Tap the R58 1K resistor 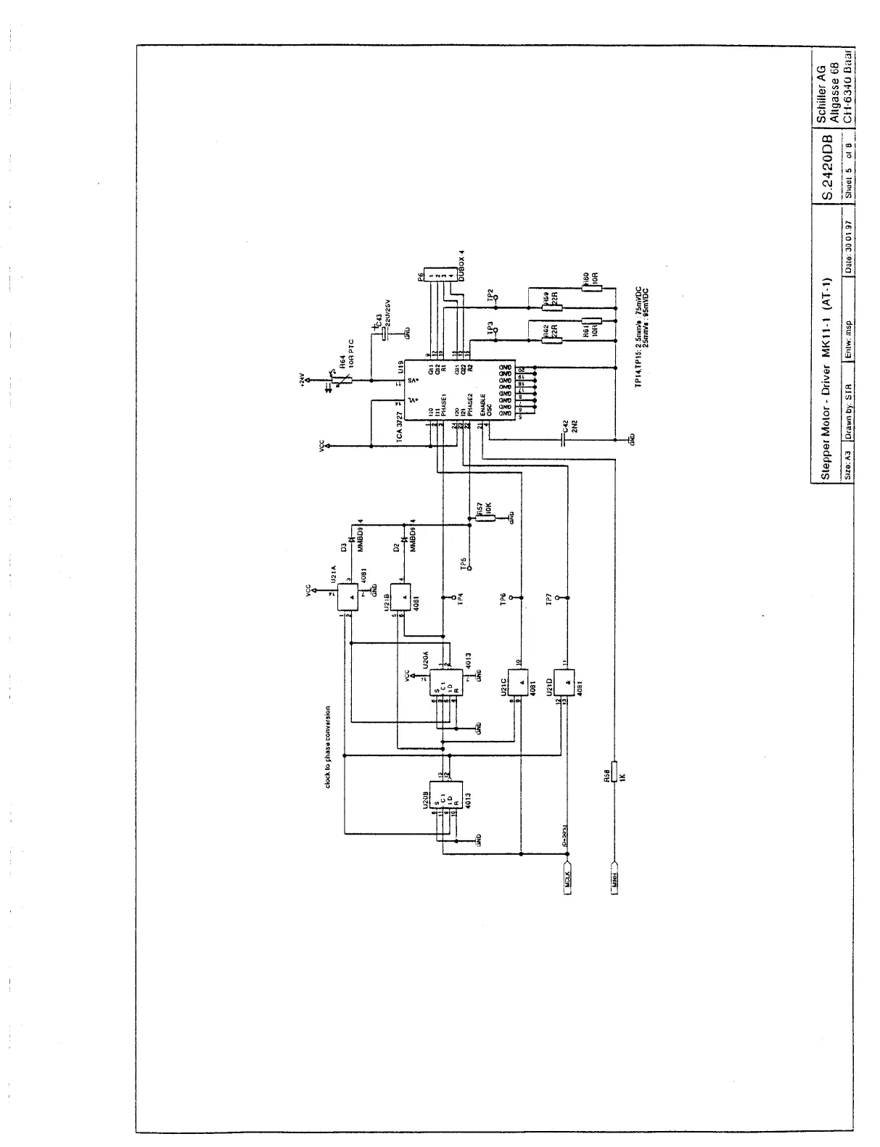coord(613,772)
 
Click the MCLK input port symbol coord(569,879)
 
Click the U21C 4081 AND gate coord(518,682)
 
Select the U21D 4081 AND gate coord(564,682)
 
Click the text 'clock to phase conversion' coord(328,748)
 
